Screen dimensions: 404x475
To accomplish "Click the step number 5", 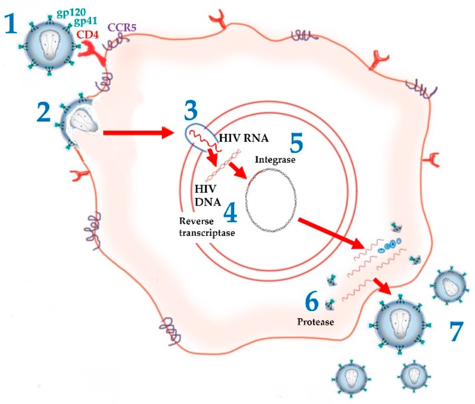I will coord(296,143).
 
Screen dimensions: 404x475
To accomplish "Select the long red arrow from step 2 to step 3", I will coord(138,133).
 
